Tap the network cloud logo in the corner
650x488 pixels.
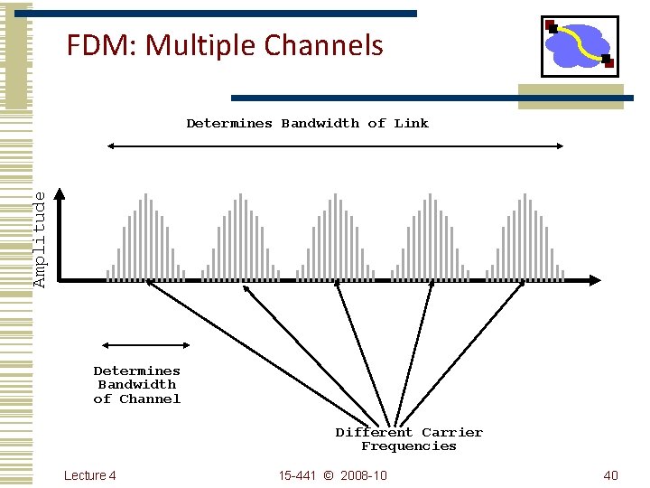tap(580, 45)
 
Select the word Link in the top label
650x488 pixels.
tap(412, 123)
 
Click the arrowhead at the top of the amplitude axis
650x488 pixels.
tap(60, 193)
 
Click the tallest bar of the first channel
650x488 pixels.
tap(145, 235)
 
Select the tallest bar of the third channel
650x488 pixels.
tap(335, 235)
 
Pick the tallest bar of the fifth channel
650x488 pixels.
tap(525, 235)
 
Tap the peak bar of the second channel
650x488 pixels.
tap(240, 235)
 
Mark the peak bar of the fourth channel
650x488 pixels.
tap(430, 235)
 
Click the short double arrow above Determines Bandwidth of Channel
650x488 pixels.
tap(146, 344)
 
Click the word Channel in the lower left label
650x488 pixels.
tap(150, 399)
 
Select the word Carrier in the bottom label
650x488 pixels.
tap(452, 432)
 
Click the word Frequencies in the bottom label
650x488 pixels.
tap(409, 446)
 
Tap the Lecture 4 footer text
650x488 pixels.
tap(90, 475)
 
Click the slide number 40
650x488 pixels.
tap(610, 475)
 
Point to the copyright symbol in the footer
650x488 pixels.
tap(328, 475)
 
